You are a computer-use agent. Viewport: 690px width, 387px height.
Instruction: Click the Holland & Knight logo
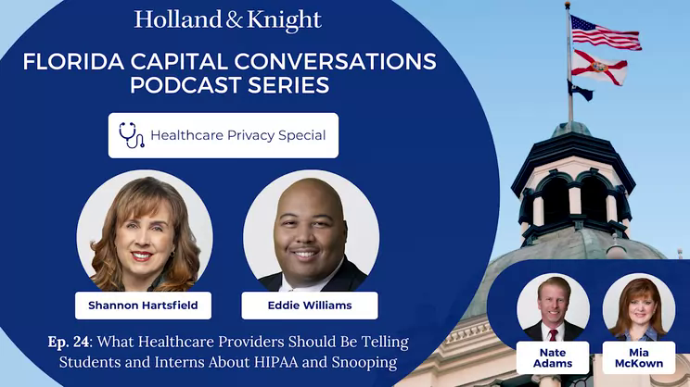tap(228, 20)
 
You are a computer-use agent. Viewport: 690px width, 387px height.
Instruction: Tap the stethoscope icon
tap(132, 135)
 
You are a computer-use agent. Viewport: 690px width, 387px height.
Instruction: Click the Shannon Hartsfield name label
tap(143, 306)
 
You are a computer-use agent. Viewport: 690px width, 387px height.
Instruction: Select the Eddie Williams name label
tap(310, 306)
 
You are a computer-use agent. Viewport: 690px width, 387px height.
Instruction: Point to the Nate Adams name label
tap(553, 357)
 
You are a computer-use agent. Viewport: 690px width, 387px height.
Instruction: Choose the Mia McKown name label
tap(638, 357)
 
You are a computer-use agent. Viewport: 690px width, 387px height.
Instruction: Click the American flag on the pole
tap(606, 33)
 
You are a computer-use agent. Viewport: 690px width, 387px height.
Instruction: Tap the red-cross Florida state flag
tap(599, 68)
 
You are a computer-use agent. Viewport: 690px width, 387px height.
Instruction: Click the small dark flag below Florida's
tap(580, 91)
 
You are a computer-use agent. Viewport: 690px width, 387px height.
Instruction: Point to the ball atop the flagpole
tap(568, 5)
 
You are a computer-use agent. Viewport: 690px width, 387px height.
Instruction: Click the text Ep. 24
tap(69, 342)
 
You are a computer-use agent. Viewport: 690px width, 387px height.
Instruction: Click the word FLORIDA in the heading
tap(73, 61)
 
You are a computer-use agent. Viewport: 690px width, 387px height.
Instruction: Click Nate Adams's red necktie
tap(553, 335)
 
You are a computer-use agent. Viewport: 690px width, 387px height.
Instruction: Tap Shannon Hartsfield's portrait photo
tap(145, 233)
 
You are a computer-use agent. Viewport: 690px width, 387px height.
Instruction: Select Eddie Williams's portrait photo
tap(311, 233)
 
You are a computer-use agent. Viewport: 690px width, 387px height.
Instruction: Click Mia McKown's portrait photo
tap(638, 307)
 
